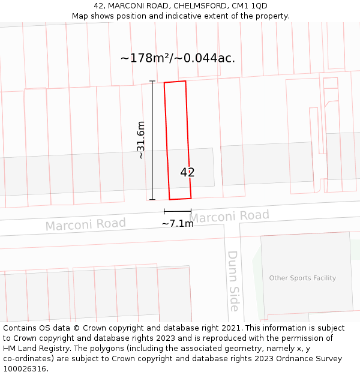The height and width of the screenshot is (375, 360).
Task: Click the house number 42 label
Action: (188, 172)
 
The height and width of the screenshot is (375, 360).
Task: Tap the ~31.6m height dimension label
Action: (141, 140)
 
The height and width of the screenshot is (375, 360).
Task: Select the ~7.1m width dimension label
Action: (178, 224)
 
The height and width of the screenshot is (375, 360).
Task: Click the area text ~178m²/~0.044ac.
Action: (178, 58)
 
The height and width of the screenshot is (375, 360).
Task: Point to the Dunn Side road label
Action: (233, 281)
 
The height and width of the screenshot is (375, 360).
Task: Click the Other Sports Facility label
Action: (302, 278)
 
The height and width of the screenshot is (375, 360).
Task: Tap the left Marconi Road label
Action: (86, 225)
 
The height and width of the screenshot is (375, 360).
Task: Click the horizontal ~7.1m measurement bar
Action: (178, 211)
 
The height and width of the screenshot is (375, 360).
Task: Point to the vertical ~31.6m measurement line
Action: (152, 140)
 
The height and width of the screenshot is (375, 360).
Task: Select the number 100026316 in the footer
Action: (25, 369)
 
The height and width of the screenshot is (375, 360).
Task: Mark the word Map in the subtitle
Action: (81, 16)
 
